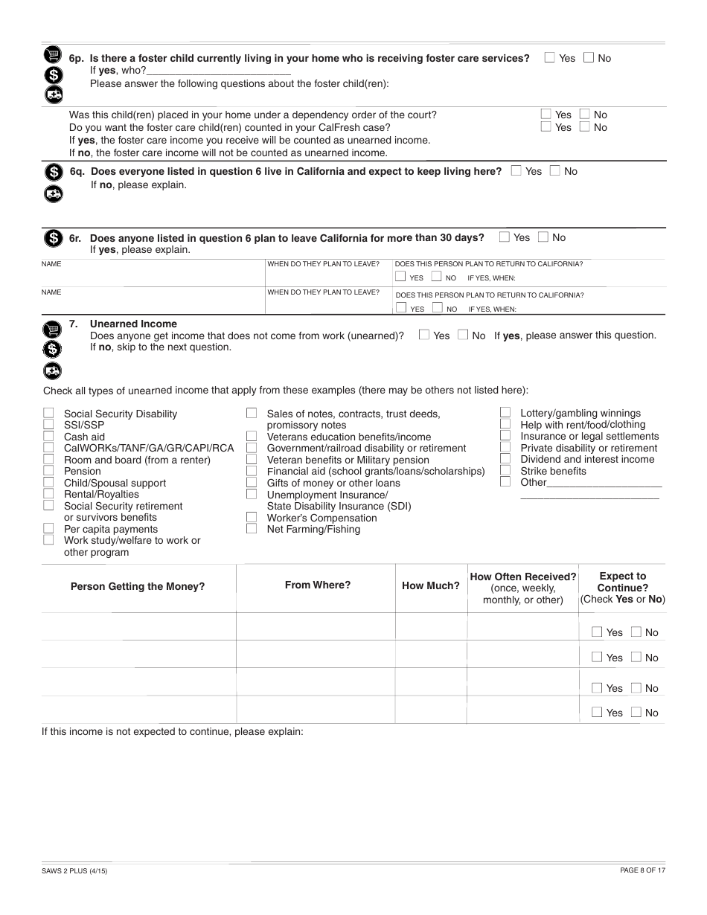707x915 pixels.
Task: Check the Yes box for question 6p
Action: (550, 57)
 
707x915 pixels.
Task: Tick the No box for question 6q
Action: (554, 170)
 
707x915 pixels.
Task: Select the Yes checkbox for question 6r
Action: (505, 237)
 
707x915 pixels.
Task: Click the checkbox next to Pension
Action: (48, 470)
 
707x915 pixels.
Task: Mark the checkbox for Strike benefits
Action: (505, 470)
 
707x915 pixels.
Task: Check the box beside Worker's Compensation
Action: (252, 517)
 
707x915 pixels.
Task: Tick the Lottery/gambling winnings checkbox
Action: (505, 412)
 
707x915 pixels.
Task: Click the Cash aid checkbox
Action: (48, 436)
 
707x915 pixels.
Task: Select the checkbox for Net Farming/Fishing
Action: (252, 529)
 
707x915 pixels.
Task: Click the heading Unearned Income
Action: (133, 324)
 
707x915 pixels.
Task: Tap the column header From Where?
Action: (317, 585)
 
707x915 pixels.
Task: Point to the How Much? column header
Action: (430, 585)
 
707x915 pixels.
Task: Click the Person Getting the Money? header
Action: (138, 586)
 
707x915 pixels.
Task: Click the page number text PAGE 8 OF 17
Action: (642, 870)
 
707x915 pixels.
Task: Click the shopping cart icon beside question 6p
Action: (53, 54)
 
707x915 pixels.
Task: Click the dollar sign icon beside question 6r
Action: (53, 238)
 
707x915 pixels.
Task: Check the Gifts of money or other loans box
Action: (252, 482)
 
